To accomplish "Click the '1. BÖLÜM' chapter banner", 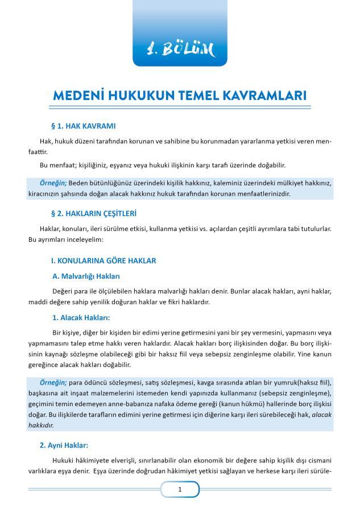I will pyautogui.click(x=180, y=50).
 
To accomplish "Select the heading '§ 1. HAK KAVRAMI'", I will pyautogui.click(x=84, y=126).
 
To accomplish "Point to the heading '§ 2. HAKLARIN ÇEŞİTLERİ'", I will pyautogui.click(x=94, y=213).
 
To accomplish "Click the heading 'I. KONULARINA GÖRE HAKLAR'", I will pyautogui.click(x=104, y=261).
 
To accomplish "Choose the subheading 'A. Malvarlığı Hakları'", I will pyautogui.click(x=86, y=276).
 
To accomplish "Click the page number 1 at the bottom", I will pyautogui.click(x=180, y=489).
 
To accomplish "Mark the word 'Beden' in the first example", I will pyautogui.click(x=79, y=183).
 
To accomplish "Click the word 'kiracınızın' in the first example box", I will pyautogui.click(x=46, y=193).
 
